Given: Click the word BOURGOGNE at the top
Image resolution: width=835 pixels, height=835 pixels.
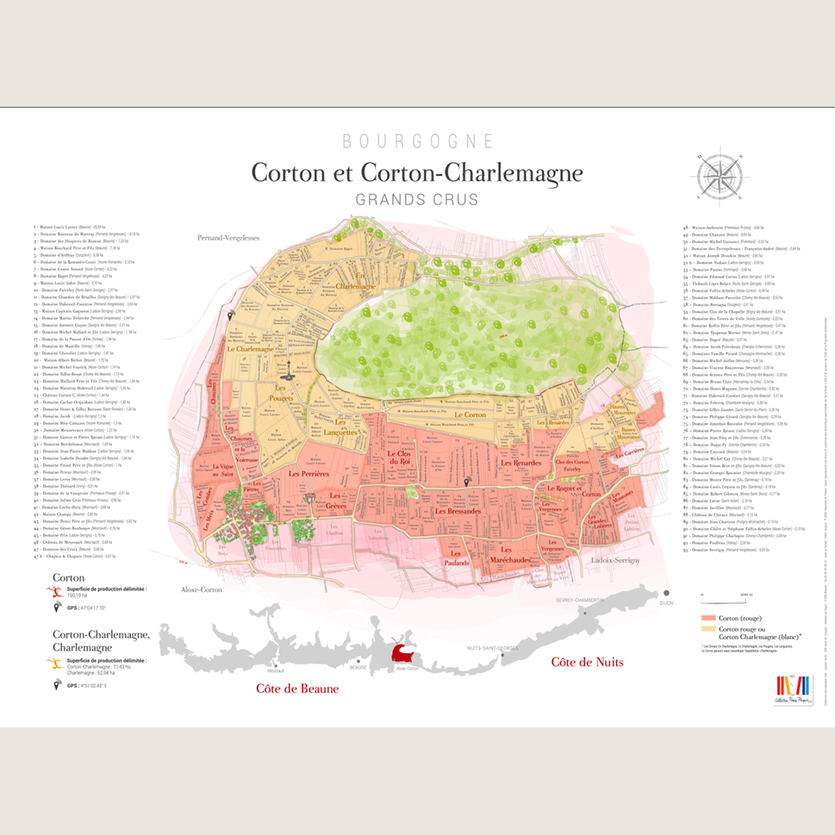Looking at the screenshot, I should click(x=417, y=141).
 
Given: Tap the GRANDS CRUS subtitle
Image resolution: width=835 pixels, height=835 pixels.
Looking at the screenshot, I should click(x=417, y=199).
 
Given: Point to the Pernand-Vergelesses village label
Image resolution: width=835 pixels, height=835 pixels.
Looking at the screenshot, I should click(x=228, y=238).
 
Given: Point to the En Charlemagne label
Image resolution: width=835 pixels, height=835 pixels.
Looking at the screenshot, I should click(x=350, y=281).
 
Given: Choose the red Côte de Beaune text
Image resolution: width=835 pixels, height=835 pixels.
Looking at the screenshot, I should click(x=297, y=688).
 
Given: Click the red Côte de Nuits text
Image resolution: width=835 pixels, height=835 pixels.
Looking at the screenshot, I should click(x=587, y=661).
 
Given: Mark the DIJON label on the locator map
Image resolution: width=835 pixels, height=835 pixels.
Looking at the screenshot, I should click(x=667, y=603).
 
